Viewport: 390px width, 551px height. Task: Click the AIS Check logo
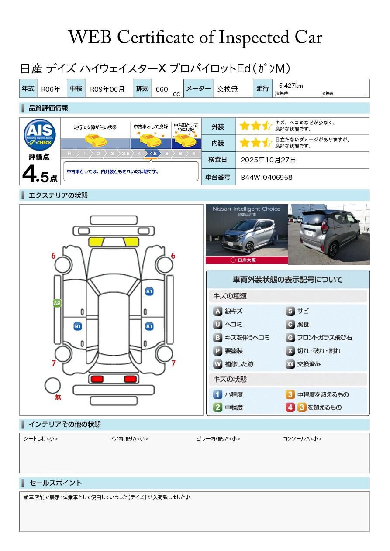tap(40, 134)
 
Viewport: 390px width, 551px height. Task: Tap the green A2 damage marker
tap(57, 303)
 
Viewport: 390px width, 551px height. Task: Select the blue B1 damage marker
tap(78, 326)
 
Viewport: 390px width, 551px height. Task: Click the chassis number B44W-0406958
tap(266, 178)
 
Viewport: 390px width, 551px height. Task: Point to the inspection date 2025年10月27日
tap(268, 160)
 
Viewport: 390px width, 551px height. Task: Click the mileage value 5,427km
tap(291, 86)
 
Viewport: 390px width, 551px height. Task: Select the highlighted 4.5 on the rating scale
tap(153, 154)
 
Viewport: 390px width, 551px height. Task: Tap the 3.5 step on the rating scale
tap(126, 154)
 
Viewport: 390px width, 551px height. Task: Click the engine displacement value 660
tap(162, 89)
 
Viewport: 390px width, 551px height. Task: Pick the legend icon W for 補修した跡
tap(217, 364)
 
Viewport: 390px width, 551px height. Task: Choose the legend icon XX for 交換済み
tap(290, 364)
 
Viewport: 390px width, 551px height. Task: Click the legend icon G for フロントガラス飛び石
tap(290, 338)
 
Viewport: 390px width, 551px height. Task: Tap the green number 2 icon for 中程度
tap(217, 407)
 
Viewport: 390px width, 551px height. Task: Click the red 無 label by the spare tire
tap(58, 397)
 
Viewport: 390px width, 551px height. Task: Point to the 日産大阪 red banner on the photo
tap(246, 260)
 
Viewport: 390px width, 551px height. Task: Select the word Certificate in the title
tap(155, 38)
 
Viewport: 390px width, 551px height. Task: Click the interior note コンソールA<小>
tap(302, 438)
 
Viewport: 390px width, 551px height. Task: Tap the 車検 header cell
tap(76, 88)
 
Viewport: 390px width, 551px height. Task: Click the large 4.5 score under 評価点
tap(40, 174)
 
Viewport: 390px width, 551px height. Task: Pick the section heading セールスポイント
tap(55, 483)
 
